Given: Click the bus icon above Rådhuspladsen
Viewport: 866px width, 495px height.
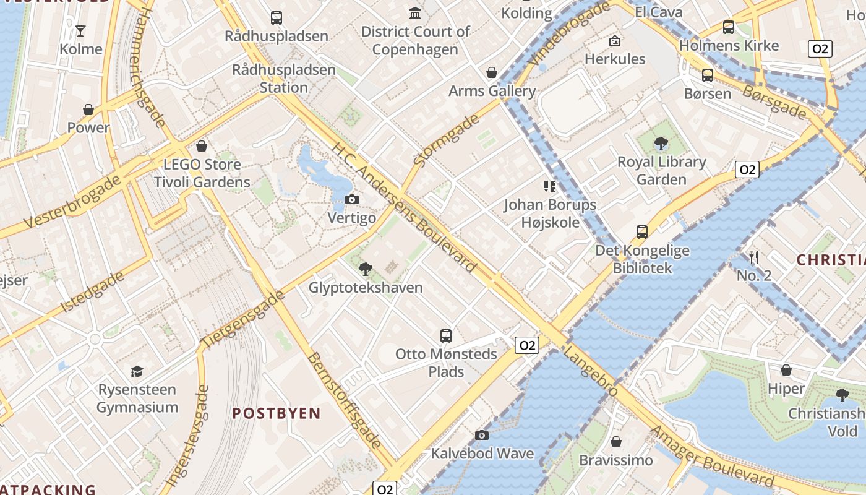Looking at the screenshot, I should click(x=277, y=18).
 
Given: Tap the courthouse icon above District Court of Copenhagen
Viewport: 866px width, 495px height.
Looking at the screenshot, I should click(x=415, y=13).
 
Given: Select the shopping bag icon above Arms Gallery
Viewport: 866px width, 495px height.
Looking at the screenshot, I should click(x=492, y=73).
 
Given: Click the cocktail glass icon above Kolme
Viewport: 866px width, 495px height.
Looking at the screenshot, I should click(x=80, y=30).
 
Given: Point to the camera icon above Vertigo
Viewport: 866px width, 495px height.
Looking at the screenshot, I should click(x=352, y=199).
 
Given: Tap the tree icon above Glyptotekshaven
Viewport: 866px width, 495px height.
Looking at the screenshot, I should click(x=366, y=269).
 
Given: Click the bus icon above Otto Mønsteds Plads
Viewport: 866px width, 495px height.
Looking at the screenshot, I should click(x=446, y=336).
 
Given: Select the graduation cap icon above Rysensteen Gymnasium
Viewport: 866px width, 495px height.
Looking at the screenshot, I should click(x=137, y=371).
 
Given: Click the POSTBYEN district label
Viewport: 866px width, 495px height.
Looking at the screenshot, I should click(x=277, y=413).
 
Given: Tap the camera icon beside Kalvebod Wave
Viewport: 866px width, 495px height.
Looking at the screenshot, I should click(x=482, y=436).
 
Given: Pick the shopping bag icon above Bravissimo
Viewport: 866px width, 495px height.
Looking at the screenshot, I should click(x=615, y=442).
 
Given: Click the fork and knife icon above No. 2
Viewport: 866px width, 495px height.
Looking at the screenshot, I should click(x=753, y=257).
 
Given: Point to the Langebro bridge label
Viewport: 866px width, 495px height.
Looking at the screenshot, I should click(x=591, y=372).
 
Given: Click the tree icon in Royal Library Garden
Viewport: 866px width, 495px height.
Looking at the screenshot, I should click(x=661, y=144).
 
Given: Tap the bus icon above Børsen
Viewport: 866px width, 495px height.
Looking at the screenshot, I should click(x=708, y=75).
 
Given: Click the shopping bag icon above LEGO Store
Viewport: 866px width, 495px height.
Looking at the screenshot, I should click(x=202, y=146).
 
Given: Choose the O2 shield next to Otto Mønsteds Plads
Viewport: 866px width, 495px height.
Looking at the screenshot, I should click(x=527, y=345).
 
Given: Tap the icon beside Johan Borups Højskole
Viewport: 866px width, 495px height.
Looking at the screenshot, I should click(x=549, y=186).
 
